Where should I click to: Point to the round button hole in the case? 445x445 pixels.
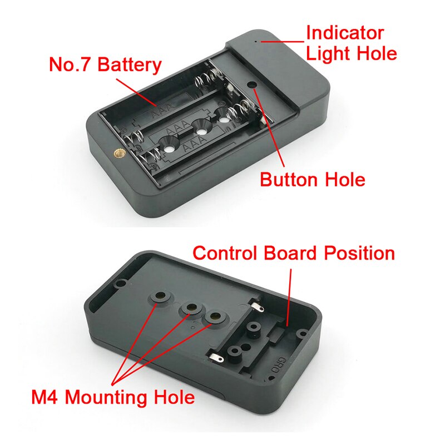coord(253,85)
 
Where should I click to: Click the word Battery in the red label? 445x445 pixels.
coord(129,65)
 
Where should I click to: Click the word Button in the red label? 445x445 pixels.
coord(288,180)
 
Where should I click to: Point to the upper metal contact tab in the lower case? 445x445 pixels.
coord(256,305)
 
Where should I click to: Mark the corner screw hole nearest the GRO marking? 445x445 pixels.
coord(302,333)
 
